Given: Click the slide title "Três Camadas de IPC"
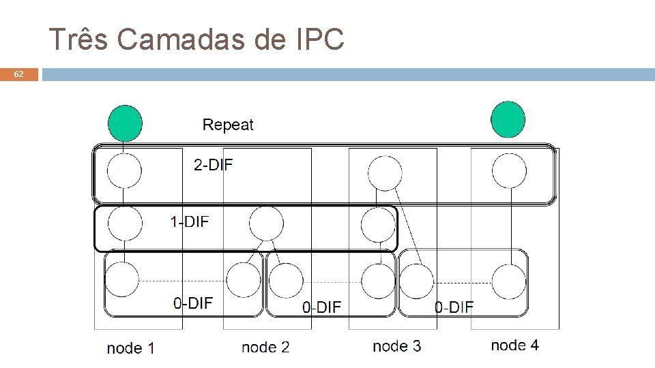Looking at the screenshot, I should [x=196, y=40].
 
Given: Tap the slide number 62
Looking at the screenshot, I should [x=19, y=74].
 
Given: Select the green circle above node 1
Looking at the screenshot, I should [x=125, y=123].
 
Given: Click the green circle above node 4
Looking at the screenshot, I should [x=508, y=120].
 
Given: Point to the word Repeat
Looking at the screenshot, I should [x=228, y=125].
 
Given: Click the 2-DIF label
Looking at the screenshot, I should [x=213, y=165].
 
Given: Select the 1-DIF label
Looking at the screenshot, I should [x=189, y=221].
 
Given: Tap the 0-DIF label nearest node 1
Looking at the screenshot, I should [x=193, y=303].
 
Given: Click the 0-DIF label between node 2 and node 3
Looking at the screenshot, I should [x=321, y=307].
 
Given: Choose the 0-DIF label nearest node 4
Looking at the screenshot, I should [x=454, y=307].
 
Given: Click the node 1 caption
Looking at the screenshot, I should [x=131, y=348].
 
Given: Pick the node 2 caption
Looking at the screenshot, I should [x=265, y=348].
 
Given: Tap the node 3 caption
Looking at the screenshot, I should [x=397, y=346].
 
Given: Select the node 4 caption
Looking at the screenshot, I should [x=514, y=345].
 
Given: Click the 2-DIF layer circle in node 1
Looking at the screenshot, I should [x=124, y=171].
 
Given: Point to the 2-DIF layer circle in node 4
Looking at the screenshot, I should [x=509, y=170].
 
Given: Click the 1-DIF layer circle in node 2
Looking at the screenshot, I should [x=266, y=222].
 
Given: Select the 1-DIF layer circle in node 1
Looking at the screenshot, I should [x=125, y=223].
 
